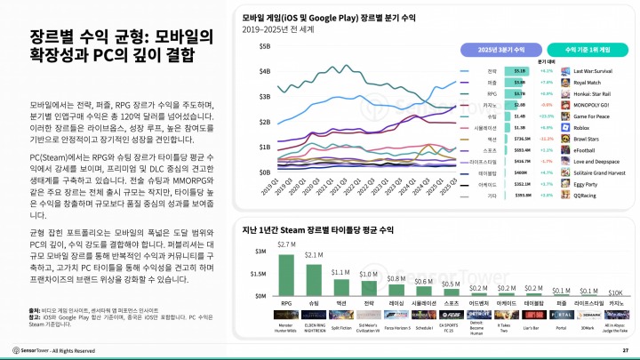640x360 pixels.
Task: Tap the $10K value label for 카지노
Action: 614,292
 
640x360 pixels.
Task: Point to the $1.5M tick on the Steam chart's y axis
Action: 259,275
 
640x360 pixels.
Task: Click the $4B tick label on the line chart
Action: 264,71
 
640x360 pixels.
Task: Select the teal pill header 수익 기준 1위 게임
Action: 583,50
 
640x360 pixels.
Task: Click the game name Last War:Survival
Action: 596,70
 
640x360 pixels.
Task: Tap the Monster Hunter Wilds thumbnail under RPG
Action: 286,314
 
